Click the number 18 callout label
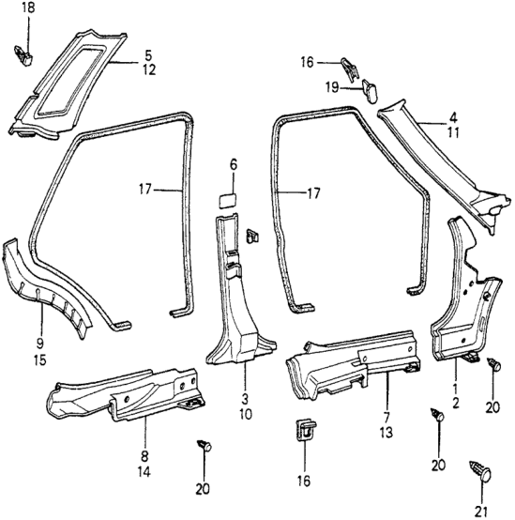click(x=28, y=8)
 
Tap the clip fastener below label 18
click(x=23, y=55)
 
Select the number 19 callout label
click(x=331, y=87)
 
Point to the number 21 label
click(x=482, y=511)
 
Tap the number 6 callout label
click(x=234, y=165)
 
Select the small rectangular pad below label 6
click(x=227, y=200)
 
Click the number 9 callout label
click(x=39, y=344)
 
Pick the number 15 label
click(x=39, y=359)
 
